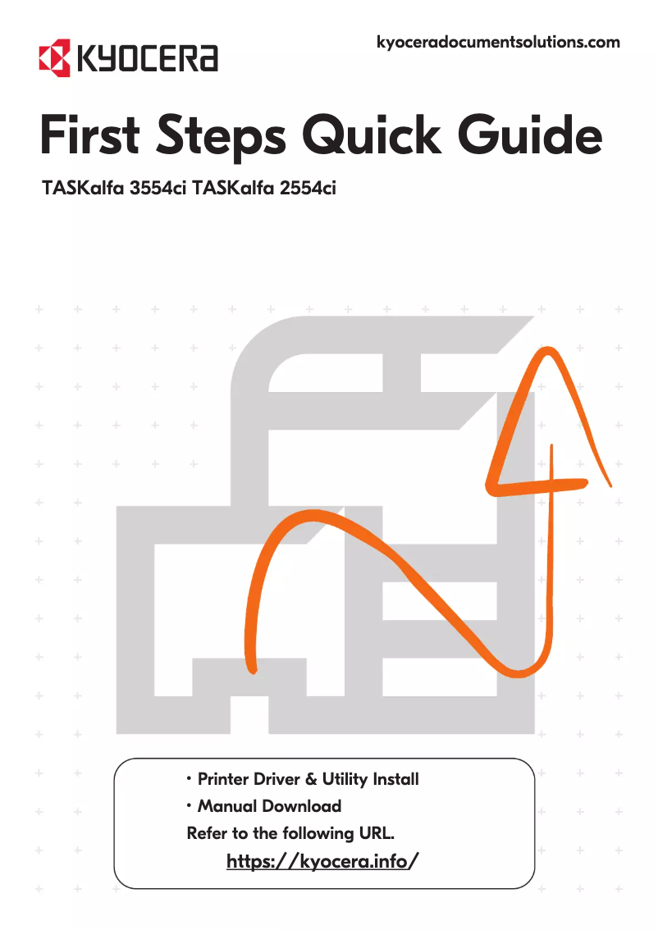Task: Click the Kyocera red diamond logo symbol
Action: point(54,58)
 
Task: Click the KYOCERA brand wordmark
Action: point(147,59)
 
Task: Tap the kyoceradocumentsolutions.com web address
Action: point(497,42)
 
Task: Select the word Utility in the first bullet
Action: point(344,778)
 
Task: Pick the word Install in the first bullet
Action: point(395,778)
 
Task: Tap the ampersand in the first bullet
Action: point(306,778)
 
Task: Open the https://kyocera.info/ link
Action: point(322,861)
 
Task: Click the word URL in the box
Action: point(377,833)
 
